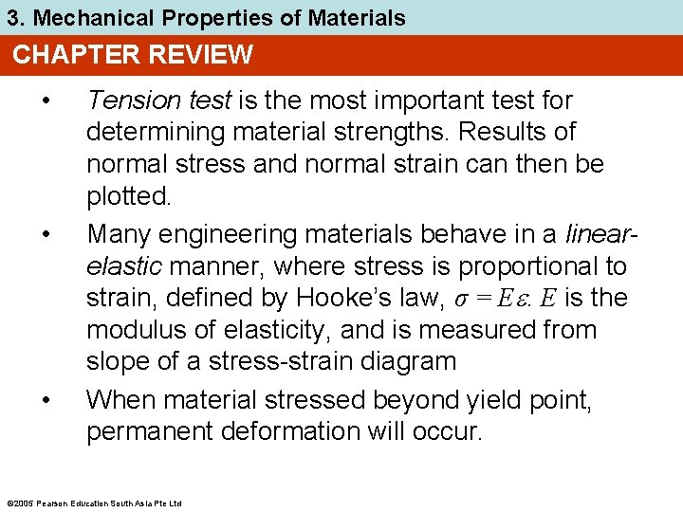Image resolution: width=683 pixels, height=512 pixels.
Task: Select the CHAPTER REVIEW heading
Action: (133, 55)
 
